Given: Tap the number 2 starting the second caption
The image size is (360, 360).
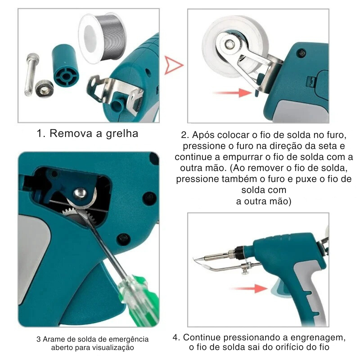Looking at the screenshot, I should coord(184,135).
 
